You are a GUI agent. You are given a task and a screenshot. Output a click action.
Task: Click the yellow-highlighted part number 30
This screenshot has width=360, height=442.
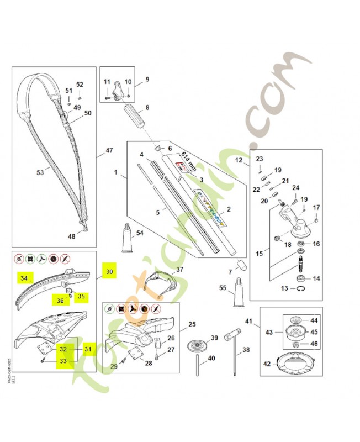coord(109,272)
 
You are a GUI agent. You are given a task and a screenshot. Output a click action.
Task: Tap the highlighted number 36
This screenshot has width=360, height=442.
coord(60,300)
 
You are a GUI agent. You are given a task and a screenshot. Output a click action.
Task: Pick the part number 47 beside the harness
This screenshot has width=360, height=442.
coord(109,150)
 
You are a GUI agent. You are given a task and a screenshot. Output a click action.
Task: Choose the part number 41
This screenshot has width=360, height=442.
coord(248,322)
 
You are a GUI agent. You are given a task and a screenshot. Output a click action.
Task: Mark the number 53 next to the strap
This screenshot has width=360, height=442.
coord(40,173)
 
